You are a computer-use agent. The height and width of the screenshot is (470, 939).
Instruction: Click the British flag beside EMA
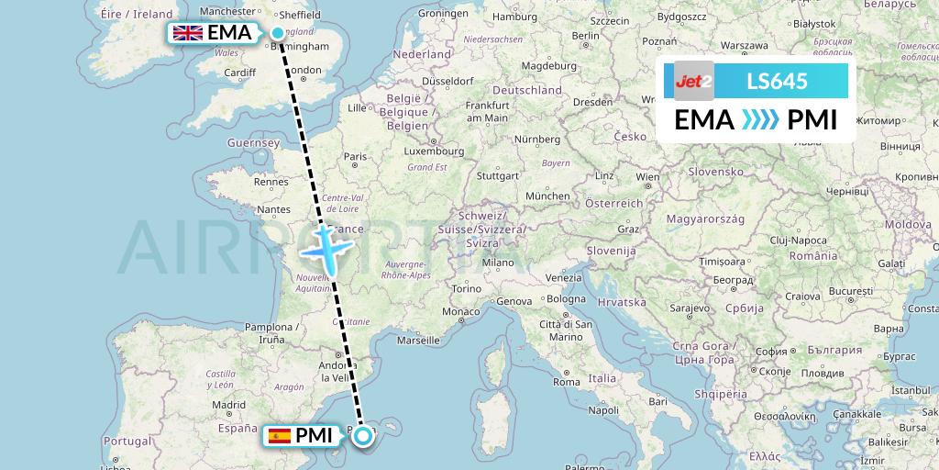pyautogui.click(x=188, y=34)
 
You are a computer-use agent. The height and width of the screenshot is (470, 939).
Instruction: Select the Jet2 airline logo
pyautogui.click(x=694, y=81)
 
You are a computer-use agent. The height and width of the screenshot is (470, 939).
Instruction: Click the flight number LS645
pyautogui.click(x=777, y=81)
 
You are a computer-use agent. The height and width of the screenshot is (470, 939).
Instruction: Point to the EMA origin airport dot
pyautogui.click(x=278, y=34)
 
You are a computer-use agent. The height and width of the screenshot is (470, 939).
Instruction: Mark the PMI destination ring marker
pyautogui.click(x=363, y=436)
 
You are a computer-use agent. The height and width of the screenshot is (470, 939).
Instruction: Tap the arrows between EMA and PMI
pyautogui.click(x=758, y=119)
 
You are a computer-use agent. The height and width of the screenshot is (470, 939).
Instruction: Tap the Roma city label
pyautogui.click(x=566, y=382)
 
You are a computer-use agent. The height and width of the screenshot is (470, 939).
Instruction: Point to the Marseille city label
pyautogui.click(x=419, y=340)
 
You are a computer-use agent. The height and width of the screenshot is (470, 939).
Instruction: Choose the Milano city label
pyautogui.click(x=499, y=262)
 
